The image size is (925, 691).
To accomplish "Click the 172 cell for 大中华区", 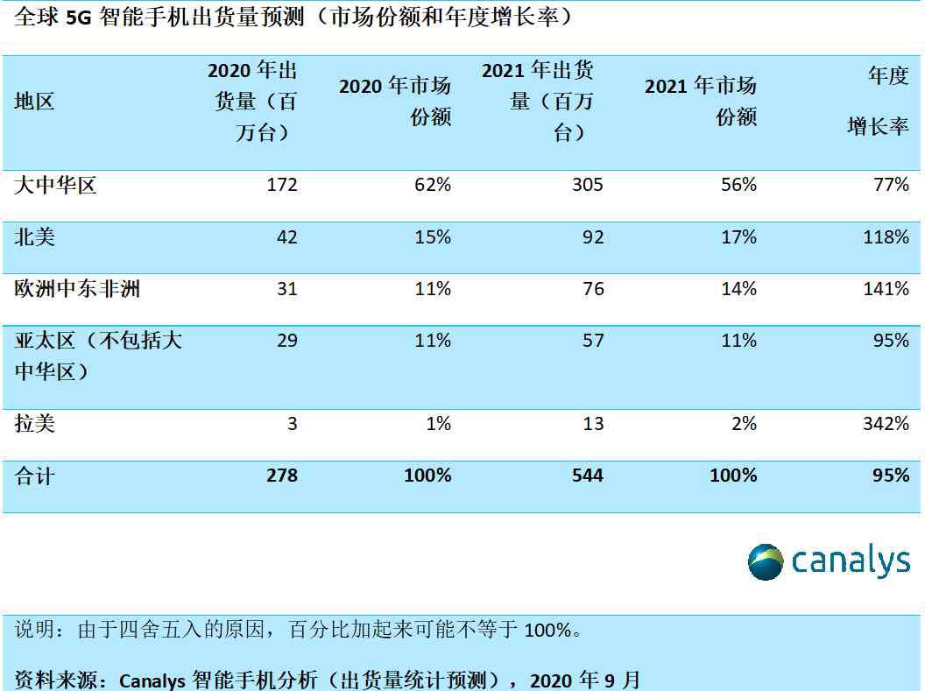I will coord(282,185).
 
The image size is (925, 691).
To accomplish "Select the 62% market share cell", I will coord(433,185).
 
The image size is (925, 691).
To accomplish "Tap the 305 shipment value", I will coord(587,185).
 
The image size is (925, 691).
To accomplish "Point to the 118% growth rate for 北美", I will coord(886,237).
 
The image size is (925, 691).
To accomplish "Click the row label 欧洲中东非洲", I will coord(77,289).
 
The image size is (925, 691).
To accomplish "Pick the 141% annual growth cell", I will coord(886,289).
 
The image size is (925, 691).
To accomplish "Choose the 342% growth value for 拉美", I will coord(886,424).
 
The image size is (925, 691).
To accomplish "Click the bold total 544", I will coord(587,476).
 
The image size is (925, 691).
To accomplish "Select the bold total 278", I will coord(280,476).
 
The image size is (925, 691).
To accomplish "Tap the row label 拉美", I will coord(35,424).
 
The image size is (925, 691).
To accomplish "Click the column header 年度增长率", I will coord(879,102).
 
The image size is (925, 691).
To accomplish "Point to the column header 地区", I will coord(35,102).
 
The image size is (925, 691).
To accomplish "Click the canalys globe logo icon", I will coord(766,561).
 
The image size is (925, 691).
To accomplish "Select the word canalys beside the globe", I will coord(851,561).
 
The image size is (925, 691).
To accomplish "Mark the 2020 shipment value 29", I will coord(287,341).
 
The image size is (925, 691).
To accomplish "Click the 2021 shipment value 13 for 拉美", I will coord(593,424).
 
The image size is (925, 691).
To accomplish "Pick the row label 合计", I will coord(35,476).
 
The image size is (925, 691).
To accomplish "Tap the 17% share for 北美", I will coord(738,237).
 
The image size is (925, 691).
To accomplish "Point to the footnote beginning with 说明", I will coord(298,630).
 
